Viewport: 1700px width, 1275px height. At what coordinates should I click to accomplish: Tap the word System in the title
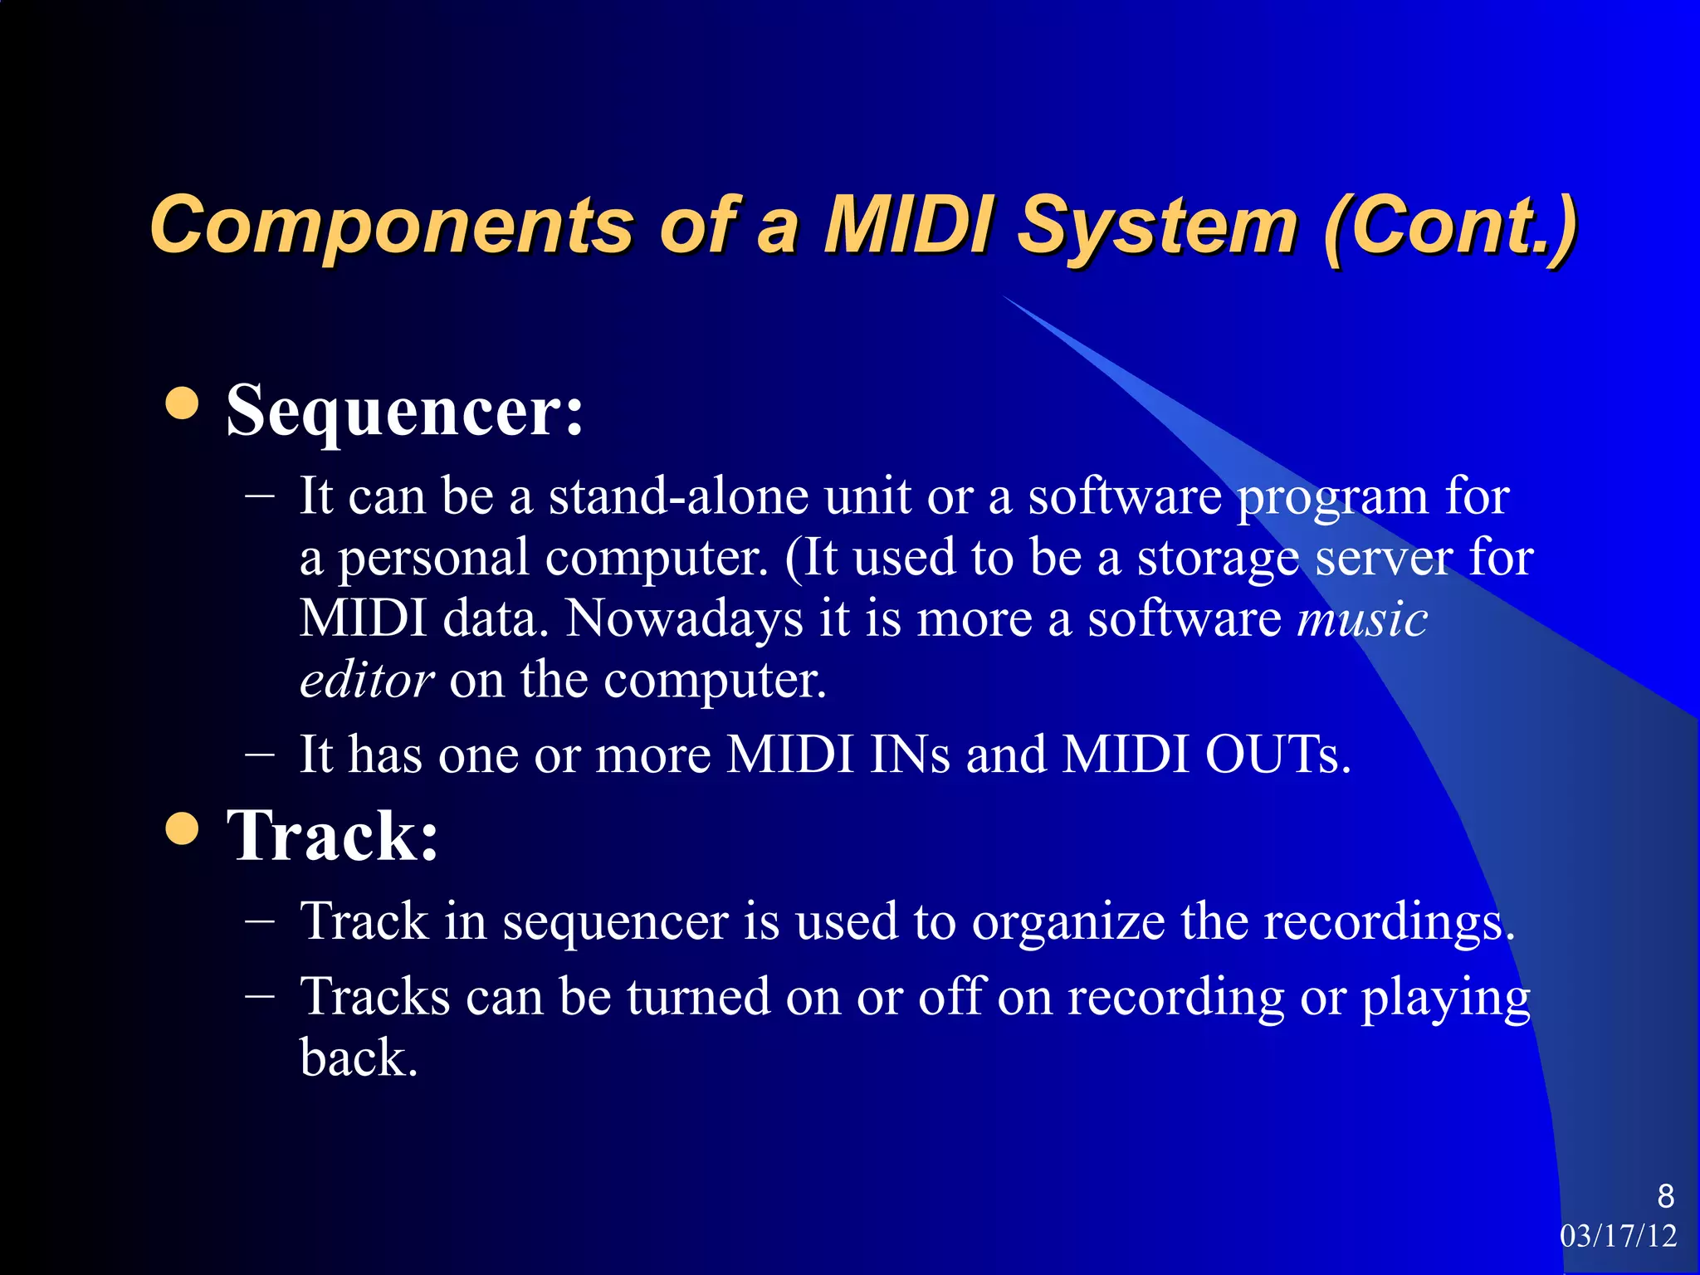pyautogui.click(x=1157, y=226)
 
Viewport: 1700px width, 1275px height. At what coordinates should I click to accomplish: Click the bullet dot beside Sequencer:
pyautogui.click(x=182, y=403)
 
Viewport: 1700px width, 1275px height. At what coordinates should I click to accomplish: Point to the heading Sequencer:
pyautogui.click(x=405, y=410)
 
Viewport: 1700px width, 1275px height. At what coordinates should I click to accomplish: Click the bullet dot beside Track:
pyautogui.click(x=182, y=828)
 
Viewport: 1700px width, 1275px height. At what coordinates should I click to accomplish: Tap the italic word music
pyautogui.click(x=1361, y=619)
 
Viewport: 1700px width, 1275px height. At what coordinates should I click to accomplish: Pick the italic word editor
pyautogui.click(x=366, y=681)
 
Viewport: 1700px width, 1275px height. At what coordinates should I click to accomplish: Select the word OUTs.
pyautogui.click(x=1277, y=755)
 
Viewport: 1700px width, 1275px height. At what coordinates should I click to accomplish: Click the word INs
pyautogui.click(x=910, y=755)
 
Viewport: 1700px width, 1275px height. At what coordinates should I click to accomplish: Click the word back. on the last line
pyautogui.click(x=358, y=1058)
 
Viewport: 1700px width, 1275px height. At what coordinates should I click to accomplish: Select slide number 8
pyautogui.click(x=1665, y=1196)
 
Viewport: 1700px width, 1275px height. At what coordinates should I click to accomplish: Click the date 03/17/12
pyautogui.click(x=1618, y=1236)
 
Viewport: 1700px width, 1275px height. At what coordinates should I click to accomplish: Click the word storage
pyautogui.click(x=1218, y=558)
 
